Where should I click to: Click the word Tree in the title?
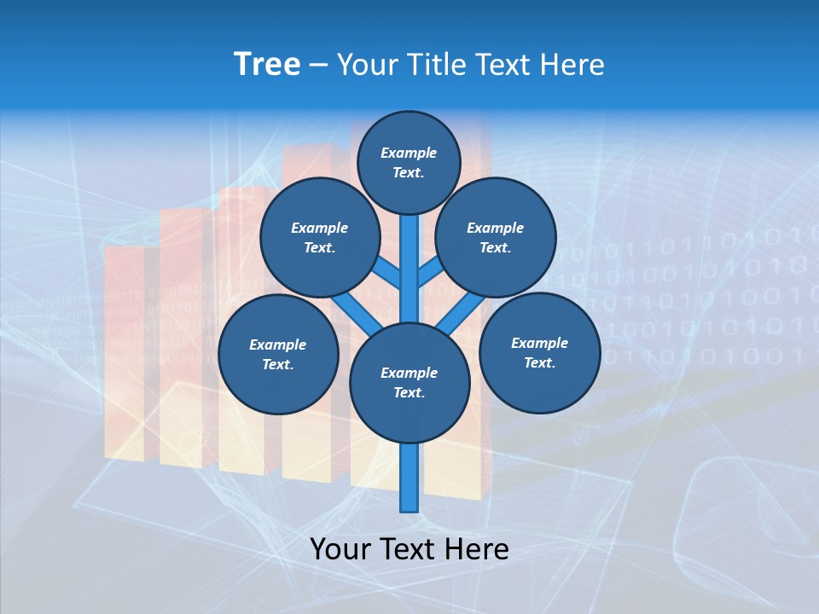[x=267, y=65]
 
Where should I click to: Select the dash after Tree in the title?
[x=319, y=66]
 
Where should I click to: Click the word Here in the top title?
[x=572, y=65]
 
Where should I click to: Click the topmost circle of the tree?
[x=409, y=162]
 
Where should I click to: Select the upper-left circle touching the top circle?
[x=320, y=238]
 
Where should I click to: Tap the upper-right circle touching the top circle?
[x=496, y=238]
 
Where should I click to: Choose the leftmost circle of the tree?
[x=278, y=355]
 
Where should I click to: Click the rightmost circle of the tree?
[x=539, y=353]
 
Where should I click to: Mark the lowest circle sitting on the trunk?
[x=409, y=383]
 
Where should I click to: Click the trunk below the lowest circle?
[x=409, y=478]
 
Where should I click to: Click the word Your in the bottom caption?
[x=340, y=549]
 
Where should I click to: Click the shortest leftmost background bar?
[x=125, y=350]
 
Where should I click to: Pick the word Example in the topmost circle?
[x=409, y=153]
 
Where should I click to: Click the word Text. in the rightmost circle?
[x=539, y=363]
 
